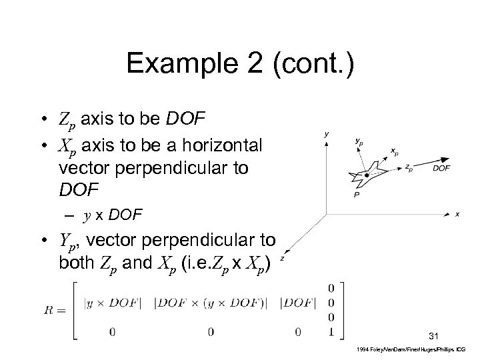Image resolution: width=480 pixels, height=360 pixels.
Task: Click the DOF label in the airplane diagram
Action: point(441,168)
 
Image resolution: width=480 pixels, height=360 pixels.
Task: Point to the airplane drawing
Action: point(364,176)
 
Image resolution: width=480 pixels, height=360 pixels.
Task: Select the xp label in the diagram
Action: point(395,151)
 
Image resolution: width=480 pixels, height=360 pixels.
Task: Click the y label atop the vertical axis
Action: point(326,135)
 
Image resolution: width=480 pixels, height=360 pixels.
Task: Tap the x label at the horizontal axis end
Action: point(457,214)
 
